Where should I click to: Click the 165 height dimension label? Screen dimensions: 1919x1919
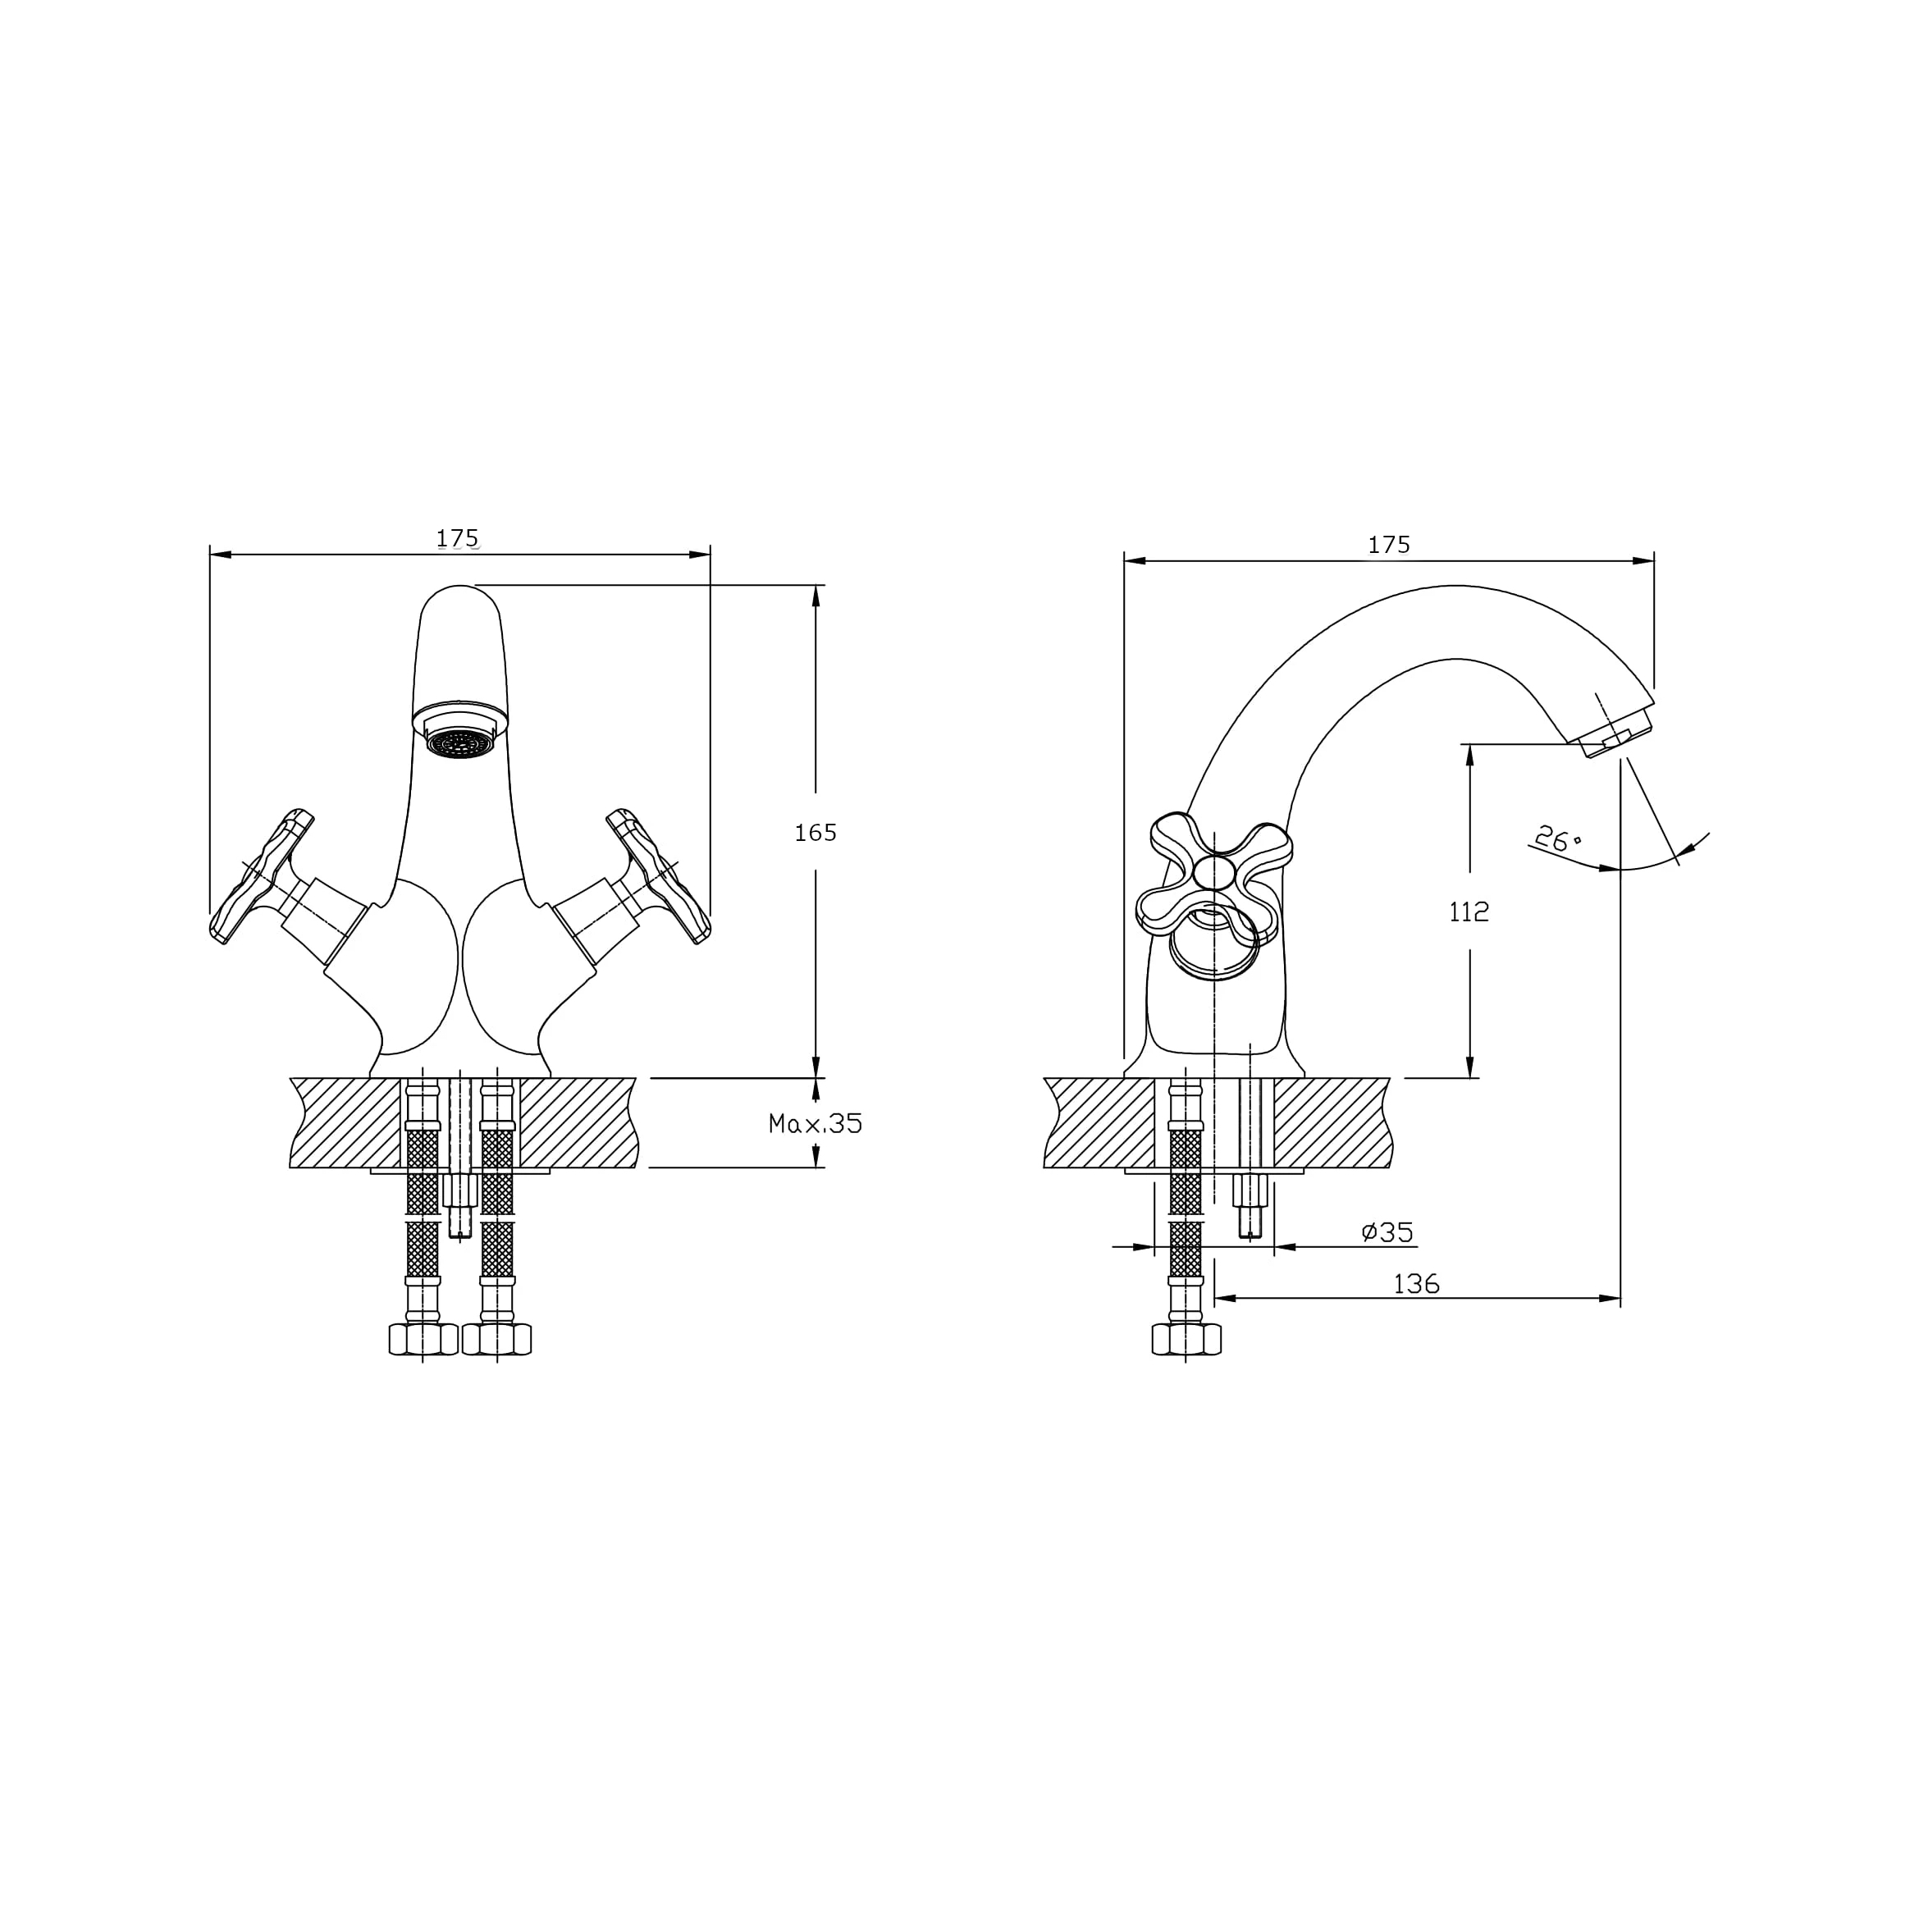[x=816, y=833]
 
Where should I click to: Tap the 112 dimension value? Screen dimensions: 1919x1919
[x=1469, y=912]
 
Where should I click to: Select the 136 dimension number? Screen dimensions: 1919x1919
[x=1416, y=1284]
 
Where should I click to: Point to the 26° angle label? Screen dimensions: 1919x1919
[x=1557, y=839]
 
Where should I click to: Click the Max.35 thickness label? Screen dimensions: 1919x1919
[x=816, y=1123]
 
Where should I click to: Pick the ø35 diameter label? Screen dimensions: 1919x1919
[x=1387, y=1231]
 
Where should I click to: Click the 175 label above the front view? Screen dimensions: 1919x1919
[x=458, y=538]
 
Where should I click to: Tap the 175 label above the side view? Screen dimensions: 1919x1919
[x=1389, y=544]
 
